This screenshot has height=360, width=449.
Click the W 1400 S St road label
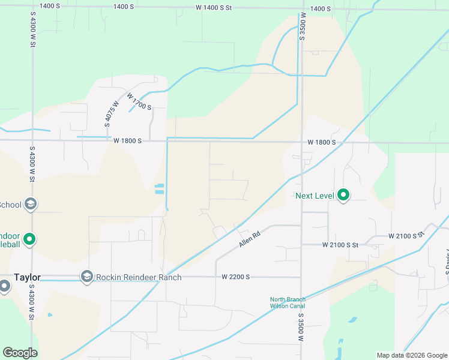[213, 8]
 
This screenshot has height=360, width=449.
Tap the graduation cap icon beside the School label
[31, 205]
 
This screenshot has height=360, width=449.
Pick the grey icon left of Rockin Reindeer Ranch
[87, 277]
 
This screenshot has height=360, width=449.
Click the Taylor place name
[27, 277]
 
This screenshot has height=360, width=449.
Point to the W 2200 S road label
[235, 277]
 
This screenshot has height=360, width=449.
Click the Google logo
[20, 353]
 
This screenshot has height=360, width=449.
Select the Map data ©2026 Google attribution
[412, 355]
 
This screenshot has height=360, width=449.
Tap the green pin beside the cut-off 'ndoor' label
[29, 239]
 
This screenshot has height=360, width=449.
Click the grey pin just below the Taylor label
[5, 286]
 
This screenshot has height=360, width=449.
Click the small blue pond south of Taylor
[49, 315]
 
